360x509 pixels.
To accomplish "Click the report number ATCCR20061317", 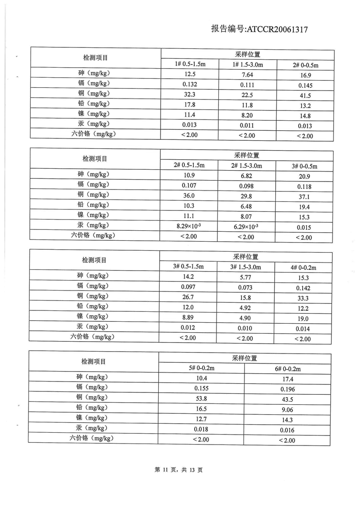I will [x=259, y=29].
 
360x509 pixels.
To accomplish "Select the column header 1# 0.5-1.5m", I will [x=190, y=64].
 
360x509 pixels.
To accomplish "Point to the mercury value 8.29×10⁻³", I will [x=189, y=227].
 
